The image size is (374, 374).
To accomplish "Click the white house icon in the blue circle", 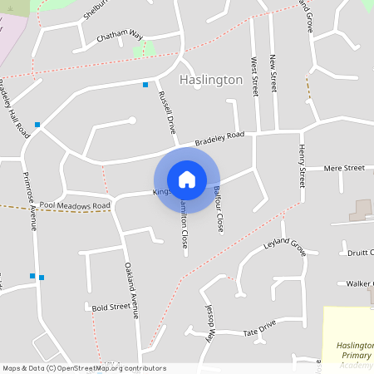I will pyautogui.click(x=187, y=180).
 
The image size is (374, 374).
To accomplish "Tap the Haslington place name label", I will pyautogui.click(x=211, y=80).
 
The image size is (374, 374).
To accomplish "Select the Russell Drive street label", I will pyautogui.click(x=166, y=113).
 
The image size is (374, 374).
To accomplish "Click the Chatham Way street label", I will pyautogui.click(x=120, y=37).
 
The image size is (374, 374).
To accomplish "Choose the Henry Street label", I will pyautogui.click(x=303, y=164).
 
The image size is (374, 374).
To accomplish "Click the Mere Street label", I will pyautogui.click(x=344, y=168).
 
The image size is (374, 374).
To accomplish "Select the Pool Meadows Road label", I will pyautogui.click(x=74, y=205).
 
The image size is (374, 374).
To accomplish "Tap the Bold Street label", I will pyautogui.click(x=111, y=306).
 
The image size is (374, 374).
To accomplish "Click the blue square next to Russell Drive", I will pyautogui.click(x=145, y=84).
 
